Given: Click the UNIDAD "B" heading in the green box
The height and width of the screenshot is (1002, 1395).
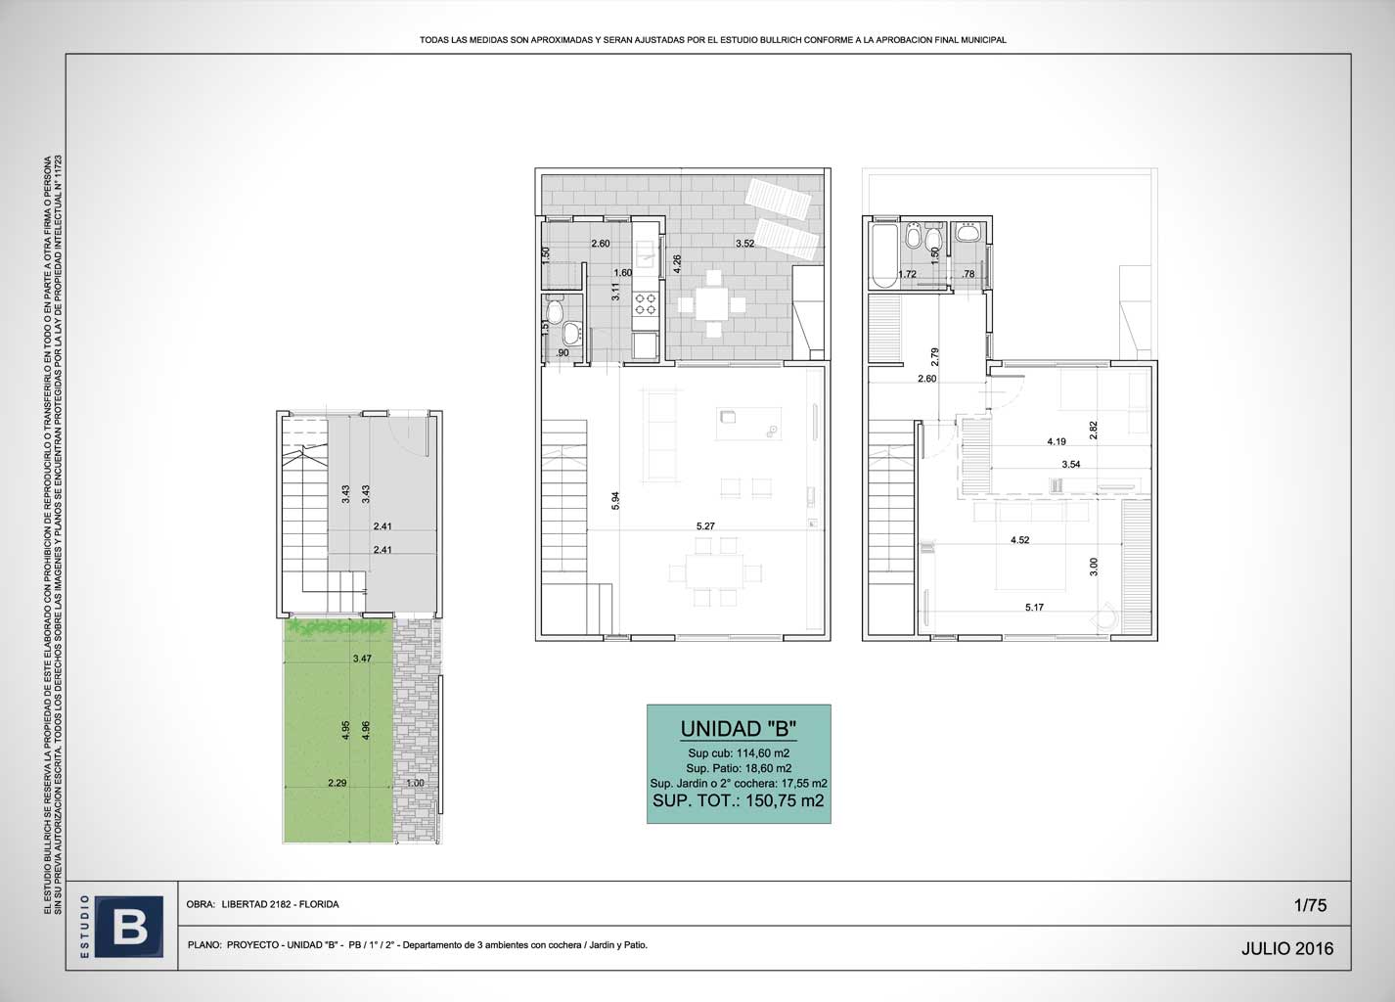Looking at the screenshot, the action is [x=738, y=729].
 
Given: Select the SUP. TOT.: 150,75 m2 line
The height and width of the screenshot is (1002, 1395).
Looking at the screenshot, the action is [x=738, y=800].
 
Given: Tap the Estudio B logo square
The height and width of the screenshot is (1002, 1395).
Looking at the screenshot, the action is [x=129, y=927].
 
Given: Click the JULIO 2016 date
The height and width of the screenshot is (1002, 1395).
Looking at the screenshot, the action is [x=1287, y=948].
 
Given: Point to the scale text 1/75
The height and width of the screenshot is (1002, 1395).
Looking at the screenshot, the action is [x=1310, y=905].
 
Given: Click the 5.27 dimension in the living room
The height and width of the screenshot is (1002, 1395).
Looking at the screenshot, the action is [x=705, y=526].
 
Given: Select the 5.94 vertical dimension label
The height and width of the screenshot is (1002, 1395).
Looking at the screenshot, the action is [x=615, y=501].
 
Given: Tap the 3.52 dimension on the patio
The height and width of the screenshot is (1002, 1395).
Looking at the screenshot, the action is [x=744, y=244].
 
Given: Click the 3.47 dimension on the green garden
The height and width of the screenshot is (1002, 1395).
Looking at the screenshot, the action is [x=363, y=659].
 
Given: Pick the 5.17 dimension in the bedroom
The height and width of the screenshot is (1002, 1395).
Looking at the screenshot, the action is [x=1034, y=608].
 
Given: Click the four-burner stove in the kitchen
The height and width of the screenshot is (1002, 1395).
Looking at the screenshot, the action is [x=646, y=304].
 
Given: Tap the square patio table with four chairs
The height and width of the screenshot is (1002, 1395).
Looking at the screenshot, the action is [x=711, y=304].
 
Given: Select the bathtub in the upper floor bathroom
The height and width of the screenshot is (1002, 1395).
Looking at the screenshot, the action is [x=884, y=255].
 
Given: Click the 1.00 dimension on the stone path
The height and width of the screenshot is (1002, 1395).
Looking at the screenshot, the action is [x=415, y=783].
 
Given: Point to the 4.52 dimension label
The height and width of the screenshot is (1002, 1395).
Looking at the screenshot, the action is [x=1020, y=540].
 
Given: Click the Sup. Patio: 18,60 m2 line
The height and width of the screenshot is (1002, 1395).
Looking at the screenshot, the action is [x=739, y=768].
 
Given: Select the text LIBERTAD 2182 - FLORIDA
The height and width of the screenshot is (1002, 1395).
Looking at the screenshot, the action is [x=280, y=904].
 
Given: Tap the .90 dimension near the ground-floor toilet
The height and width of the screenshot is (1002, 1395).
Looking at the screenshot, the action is [x=562, y=353].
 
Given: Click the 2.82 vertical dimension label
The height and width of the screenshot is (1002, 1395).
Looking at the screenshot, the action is [x=1094, y=431].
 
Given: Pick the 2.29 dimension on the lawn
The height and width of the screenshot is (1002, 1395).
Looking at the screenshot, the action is [x=337, y=783].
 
